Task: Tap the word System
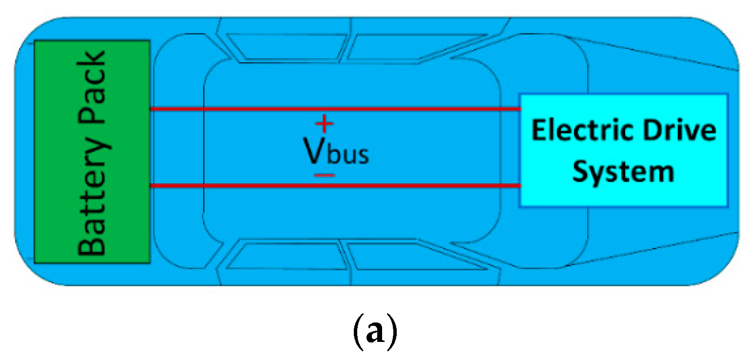click(624, 172)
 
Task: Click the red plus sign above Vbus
click(325, 124)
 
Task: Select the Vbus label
click(336, 153)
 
